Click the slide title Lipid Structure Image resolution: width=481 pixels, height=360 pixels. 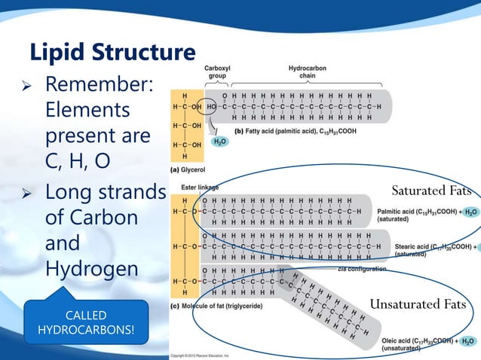tap(112, 53)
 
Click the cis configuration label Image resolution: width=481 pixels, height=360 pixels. tap(363, 269)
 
